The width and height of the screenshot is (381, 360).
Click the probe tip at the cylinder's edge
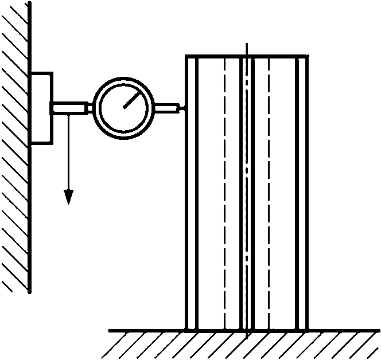182,107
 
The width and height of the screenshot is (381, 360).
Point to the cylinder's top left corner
186,56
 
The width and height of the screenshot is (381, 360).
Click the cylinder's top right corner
308,56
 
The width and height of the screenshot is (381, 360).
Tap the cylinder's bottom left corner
186,331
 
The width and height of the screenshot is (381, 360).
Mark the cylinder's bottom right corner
308,331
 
